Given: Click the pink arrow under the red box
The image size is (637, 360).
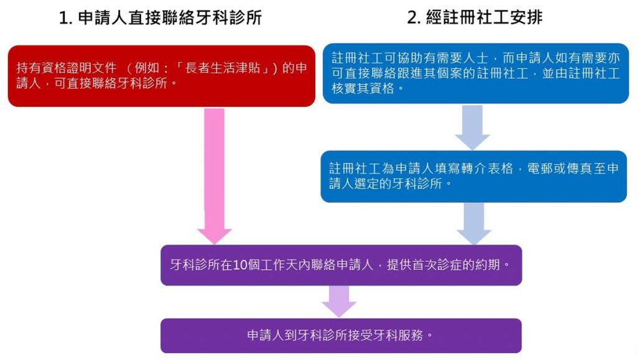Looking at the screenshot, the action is click(214, 176).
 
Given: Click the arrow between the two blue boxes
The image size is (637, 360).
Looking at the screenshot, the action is click(473, 127).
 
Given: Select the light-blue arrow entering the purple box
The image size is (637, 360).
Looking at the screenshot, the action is click(474, 224).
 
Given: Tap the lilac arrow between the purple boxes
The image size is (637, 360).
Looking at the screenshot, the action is click(339, 301).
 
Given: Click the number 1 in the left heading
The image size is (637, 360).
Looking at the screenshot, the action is click(65, 18).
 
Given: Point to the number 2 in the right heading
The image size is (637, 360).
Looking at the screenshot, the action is click(414, 17).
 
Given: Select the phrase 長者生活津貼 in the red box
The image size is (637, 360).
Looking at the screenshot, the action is click(223, 67).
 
